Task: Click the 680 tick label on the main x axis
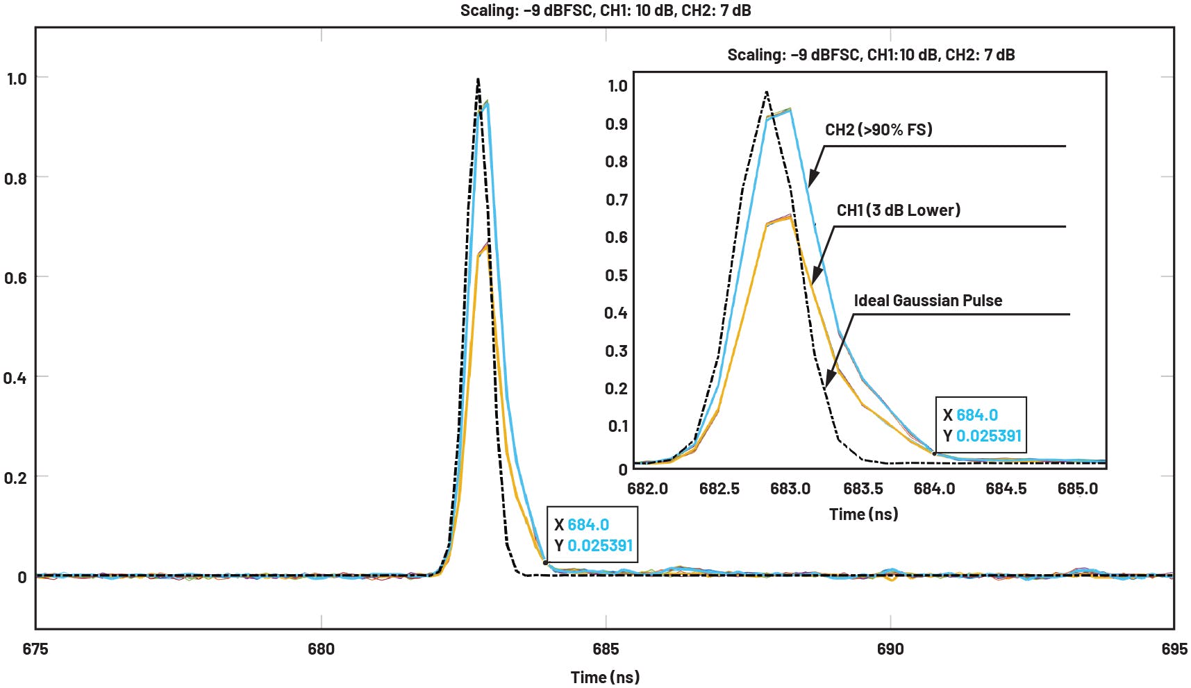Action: click(321, 649)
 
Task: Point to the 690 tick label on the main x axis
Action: click(890, 649)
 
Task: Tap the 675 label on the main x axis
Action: click(35, 649)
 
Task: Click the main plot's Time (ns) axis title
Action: click(605, 677)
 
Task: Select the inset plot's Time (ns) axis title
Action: click(863, 514)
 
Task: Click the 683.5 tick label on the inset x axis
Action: click(863, 489)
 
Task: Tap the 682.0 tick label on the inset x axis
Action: click(647, 489)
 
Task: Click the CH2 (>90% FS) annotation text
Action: click(878, 130)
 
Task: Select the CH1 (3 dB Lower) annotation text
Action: click(899, 210)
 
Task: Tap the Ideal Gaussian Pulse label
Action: click(928, 301)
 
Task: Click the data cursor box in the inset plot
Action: click(981, 426)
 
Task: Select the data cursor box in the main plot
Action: click(592, 535)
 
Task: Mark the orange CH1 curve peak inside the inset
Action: click(790, 217)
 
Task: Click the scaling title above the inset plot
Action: click(871, 55)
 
